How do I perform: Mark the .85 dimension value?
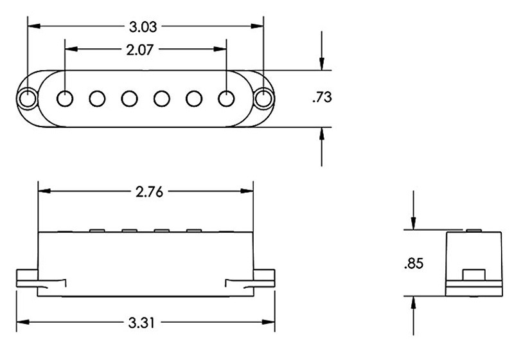coord(414,264)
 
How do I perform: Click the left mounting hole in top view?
coord(28,98)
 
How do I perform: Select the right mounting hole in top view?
coord(263,98)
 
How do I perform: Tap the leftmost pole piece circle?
coord(65,98)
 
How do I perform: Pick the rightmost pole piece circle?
coord(226,98)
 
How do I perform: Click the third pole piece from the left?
coord(129,98)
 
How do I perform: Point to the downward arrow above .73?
coord(321,62)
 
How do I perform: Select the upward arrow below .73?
coord(321,135)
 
